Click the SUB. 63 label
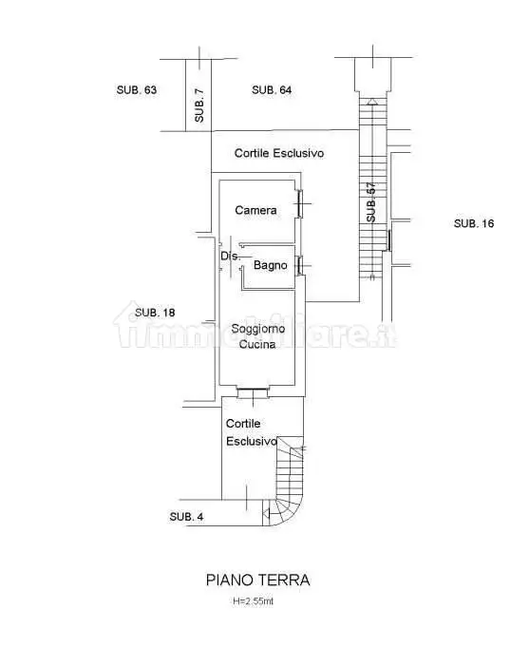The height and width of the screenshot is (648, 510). coord(137,90)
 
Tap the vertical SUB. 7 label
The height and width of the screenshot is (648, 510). coord(199,105)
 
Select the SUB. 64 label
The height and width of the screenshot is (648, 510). coord(272,90)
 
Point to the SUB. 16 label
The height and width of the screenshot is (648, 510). coord(474,223)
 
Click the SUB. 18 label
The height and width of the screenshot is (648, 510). coord(155,313)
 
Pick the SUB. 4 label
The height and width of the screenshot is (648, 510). coord(187,517)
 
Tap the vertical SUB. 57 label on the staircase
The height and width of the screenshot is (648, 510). coord(371,202)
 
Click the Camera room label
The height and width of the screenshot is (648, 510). coord(255,210)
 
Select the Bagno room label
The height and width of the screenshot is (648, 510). coord(271,265)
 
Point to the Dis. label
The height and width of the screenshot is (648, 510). coord(230,256)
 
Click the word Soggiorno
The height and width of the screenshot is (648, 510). coord(258,329)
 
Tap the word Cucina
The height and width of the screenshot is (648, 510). coord(257,344)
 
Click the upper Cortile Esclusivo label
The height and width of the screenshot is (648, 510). coord(279,153)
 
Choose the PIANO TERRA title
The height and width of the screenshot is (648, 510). coord(258,580)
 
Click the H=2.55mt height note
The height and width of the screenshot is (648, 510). coord(254,601)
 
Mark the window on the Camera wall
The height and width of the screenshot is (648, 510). coord(300,203)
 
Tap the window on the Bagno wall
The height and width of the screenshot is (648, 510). coord(300,266)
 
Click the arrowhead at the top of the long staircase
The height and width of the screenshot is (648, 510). coord(372,102)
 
